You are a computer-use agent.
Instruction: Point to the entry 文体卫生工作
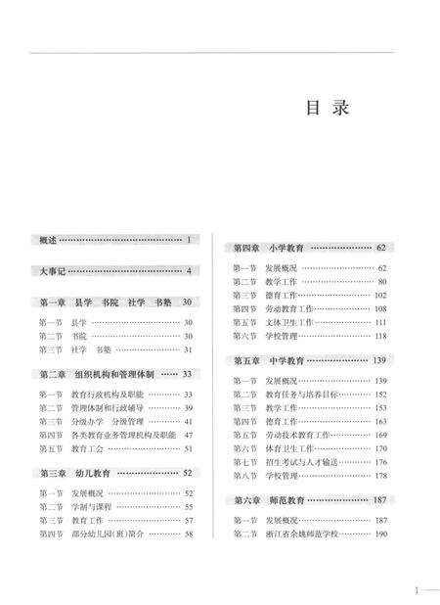point(291,322)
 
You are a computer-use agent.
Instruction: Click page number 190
point(381,535)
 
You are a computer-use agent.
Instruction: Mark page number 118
point(381,336)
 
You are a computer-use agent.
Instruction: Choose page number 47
point(188,434)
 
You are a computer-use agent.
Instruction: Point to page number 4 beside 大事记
point(189,270)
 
